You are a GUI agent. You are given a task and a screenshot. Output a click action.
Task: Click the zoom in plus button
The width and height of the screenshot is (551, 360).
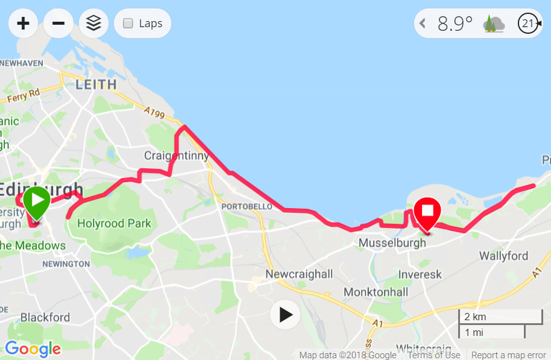[23, 24]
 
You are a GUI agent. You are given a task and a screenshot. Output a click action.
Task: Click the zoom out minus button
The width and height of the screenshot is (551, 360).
[58, 24]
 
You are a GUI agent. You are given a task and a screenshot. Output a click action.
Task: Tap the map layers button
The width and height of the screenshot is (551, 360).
[93, 24]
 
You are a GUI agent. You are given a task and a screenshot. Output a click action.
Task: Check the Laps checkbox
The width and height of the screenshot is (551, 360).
[128, 24]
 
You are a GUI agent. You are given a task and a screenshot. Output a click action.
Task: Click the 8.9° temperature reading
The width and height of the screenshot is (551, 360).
[455, 24]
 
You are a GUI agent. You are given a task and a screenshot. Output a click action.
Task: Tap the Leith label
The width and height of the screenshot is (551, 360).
[96, 85]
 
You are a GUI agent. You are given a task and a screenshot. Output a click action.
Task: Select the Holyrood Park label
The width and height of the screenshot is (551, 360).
[115, 224]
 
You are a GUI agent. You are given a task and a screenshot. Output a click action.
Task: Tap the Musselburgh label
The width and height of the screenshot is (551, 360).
[392, 243]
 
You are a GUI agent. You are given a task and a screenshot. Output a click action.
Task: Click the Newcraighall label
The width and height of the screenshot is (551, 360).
[299, 274]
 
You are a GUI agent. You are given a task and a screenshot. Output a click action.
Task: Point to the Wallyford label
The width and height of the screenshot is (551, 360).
[503, 256]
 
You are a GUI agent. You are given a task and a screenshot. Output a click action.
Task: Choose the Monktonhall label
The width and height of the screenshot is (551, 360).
[376, 292]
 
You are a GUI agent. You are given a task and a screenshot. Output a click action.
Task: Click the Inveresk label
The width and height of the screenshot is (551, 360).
[420, 274]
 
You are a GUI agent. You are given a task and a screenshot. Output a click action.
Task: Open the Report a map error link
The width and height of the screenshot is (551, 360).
[508, 355]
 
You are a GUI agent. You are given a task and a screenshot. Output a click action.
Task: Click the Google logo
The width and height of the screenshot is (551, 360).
[33, 349]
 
